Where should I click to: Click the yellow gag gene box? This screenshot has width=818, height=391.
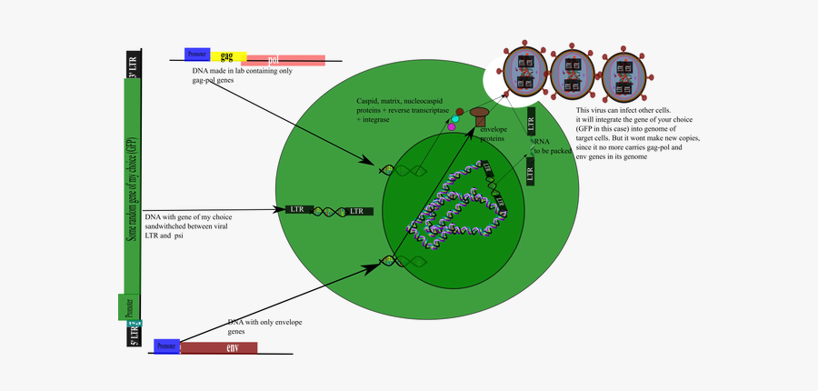(x=228, y=56)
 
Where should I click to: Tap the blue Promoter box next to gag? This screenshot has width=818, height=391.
(x=196, y=54)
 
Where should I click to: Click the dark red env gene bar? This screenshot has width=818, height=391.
(x=218, y=347)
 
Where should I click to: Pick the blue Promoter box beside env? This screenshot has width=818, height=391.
(x=166, y=346)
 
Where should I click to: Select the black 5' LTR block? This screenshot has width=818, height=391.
(x=133, y=336)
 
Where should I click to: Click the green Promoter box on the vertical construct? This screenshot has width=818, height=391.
(x=129, y=306)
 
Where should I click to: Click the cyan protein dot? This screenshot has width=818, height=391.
(x=455, y=120)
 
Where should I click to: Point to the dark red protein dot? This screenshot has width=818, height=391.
(x=460, y=112)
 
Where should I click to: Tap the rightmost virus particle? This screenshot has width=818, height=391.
(x=623, y=75)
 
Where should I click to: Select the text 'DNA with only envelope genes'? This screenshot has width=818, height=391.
(x=264, y=327)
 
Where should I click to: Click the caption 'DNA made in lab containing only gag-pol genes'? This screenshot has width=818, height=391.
(x=242, y=75)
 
